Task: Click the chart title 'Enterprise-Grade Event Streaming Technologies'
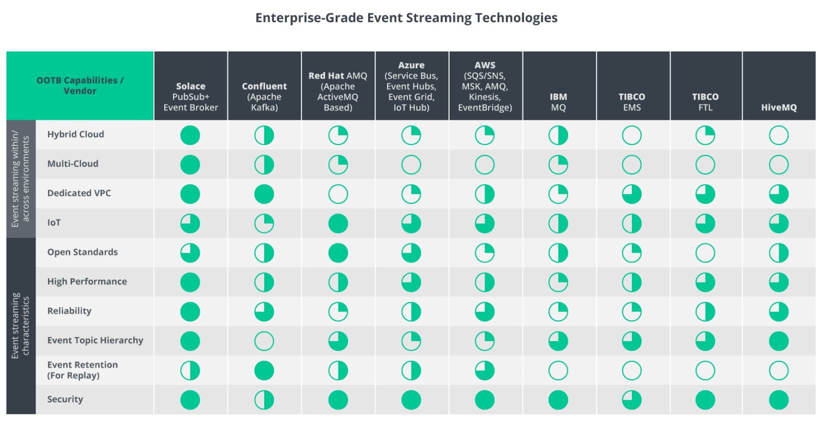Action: (x=406, y=18)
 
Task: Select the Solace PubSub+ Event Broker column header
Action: (x=191, y=97)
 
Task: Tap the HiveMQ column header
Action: (x=778, y=107)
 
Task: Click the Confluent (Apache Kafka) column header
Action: (x=264, y=97)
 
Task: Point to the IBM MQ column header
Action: (x=558, y=102)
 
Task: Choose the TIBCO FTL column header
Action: (x=705, y=102)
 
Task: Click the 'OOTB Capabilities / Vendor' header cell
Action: (x=80, y=85)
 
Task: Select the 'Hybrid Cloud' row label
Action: (x=76, y=134)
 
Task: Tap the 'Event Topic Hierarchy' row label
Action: (x=95, y=340)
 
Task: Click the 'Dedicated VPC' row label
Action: (x=79, y=193)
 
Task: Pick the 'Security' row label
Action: (x=65, y=399)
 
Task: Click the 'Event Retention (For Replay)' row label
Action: (x=82, y=370)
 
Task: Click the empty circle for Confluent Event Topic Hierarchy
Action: (x=264, y=341)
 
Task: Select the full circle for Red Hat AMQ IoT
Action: (x=338, y=223)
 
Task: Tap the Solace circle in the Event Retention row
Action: (x=190, y=371)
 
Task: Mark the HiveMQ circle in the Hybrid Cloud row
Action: (x=778, y=135)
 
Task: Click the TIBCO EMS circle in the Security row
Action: (x=631, y=400)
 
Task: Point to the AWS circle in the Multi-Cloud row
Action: (x=484, y=165)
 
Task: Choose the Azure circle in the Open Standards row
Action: (x=411, y=253)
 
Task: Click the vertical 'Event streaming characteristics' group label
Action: (x=21, y=325)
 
